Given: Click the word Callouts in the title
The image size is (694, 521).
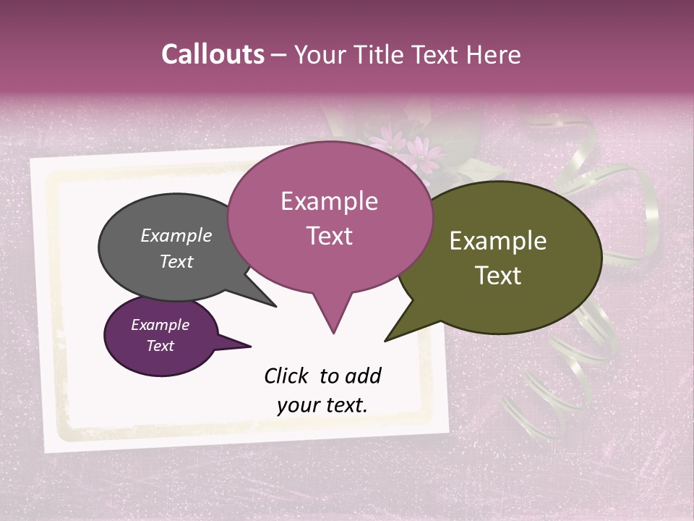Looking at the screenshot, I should [213, 55].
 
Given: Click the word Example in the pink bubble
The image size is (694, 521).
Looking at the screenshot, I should [329, 201].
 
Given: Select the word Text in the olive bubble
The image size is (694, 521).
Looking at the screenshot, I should [498, 276].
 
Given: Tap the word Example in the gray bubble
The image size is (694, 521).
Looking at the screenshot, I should [176, 236].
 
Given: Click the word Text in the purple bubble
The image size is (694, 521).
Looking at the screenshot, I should [160, 346].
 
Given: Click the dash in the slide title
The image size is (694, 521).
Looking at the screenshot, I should [279, 55].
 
